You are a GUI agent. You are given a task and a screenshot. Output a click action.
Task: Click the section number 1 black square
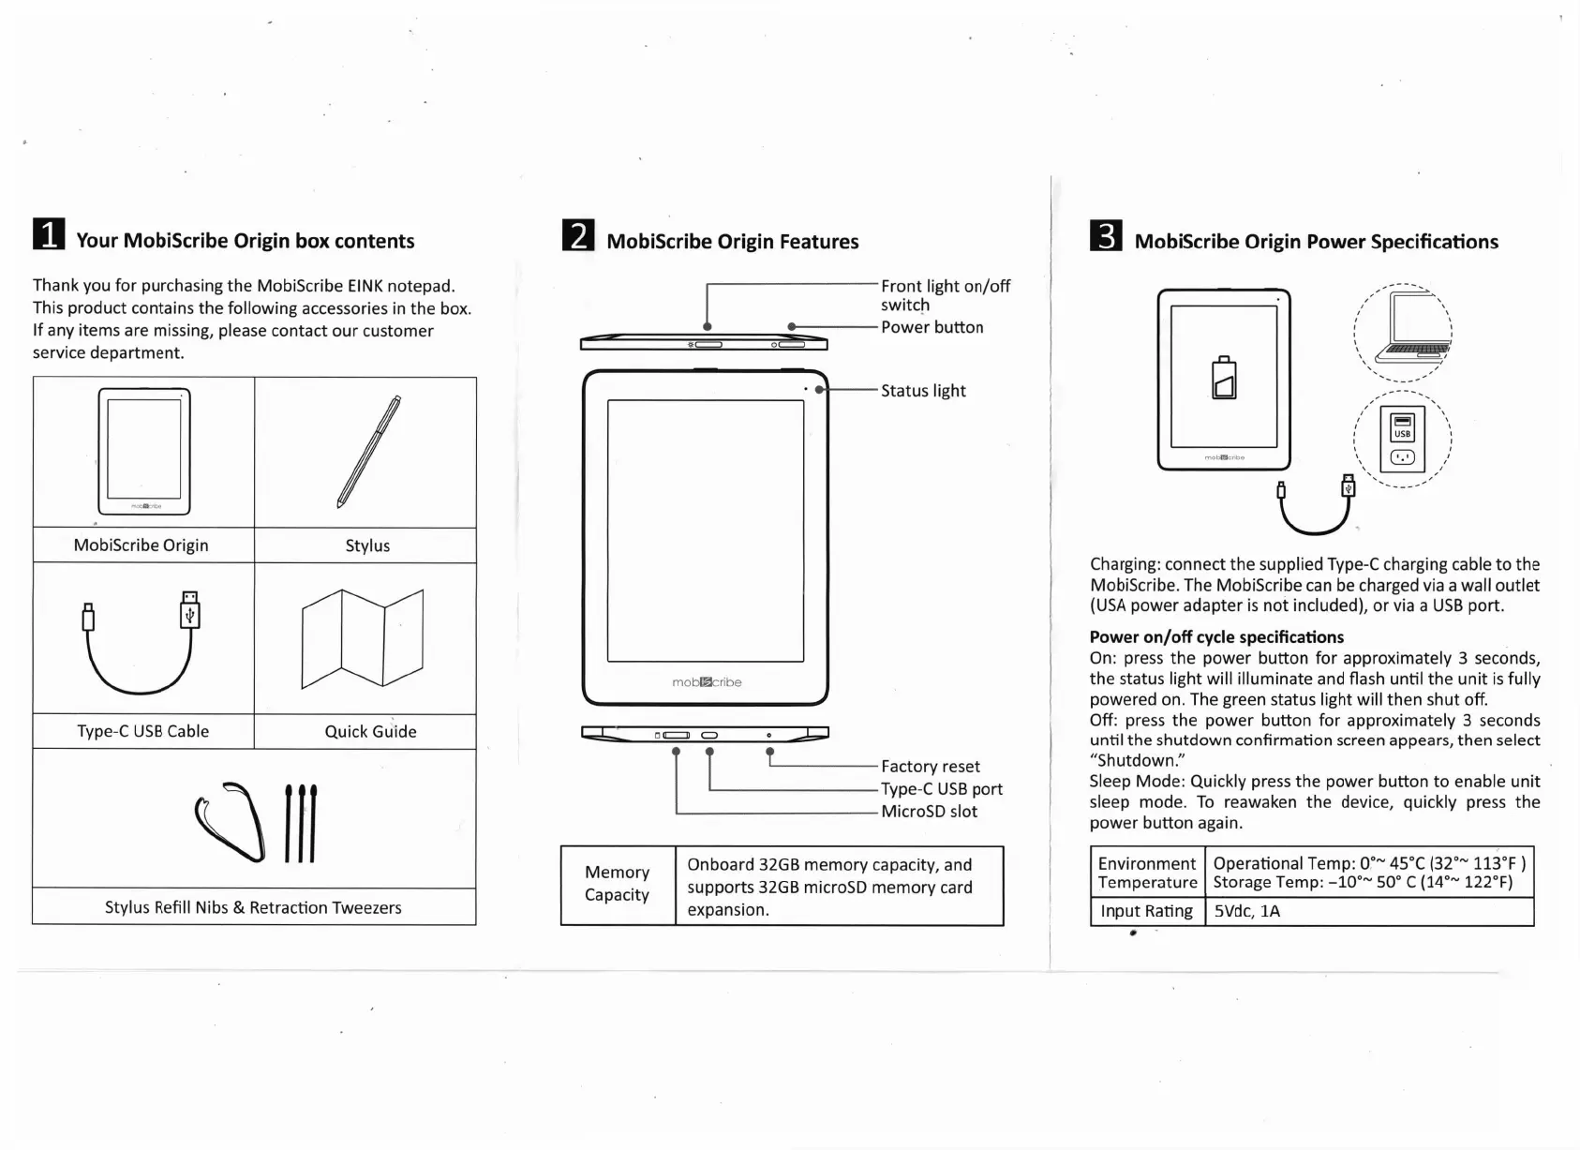(x=49, y=234)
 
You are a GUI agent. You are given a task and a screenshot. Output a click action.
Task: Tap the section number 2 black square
(x=578, y=235)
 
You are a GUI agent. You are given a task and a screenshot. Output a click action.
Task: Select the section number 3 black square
(x=1106, y=236)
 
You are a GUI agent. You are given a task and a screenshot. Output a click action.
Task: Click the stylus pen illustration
(x=368, y=451)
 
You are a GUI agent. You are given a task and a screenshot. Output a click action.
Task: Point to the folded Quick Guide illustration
(x=363, y=639)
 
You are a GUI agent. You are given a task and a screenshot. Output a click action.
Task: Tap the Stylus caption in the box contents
(x=367, y=545)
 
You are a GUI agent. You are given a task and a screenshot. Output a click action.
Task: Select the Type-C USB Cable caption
(x=143, y=731)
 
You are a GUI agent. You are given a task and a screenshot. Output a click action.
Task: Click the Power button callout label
(x=932, y=327)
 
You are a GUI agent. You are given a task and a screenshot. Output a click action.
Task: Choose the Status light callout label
(x=923, y=391)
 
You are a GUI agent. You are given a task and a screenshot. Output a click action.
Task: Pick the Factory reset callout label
(x=931, y=767)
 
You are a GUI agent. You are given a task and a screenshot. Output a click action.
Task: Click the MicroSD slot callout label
(x=929, y=812)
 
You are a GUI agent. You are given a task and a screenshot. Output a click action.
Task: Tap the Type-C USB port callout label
(x=942, y=789)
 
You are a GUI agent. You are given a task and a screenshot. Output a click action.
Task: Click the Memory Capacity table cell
(x=618, y=884)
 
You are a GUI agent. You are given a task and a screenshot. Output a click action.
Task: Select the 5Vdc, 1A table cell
(x=1246, y=911)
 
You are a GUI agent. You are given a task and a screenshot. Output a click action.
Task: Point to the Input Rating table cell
(x=1146, y=911)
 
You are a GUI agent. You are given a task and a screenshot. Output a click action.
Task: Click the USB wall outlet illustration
(x=1403, y=440)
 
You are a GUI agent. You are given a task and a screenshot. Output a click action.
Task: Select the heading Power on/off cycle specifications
(x=1216, y=637)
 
